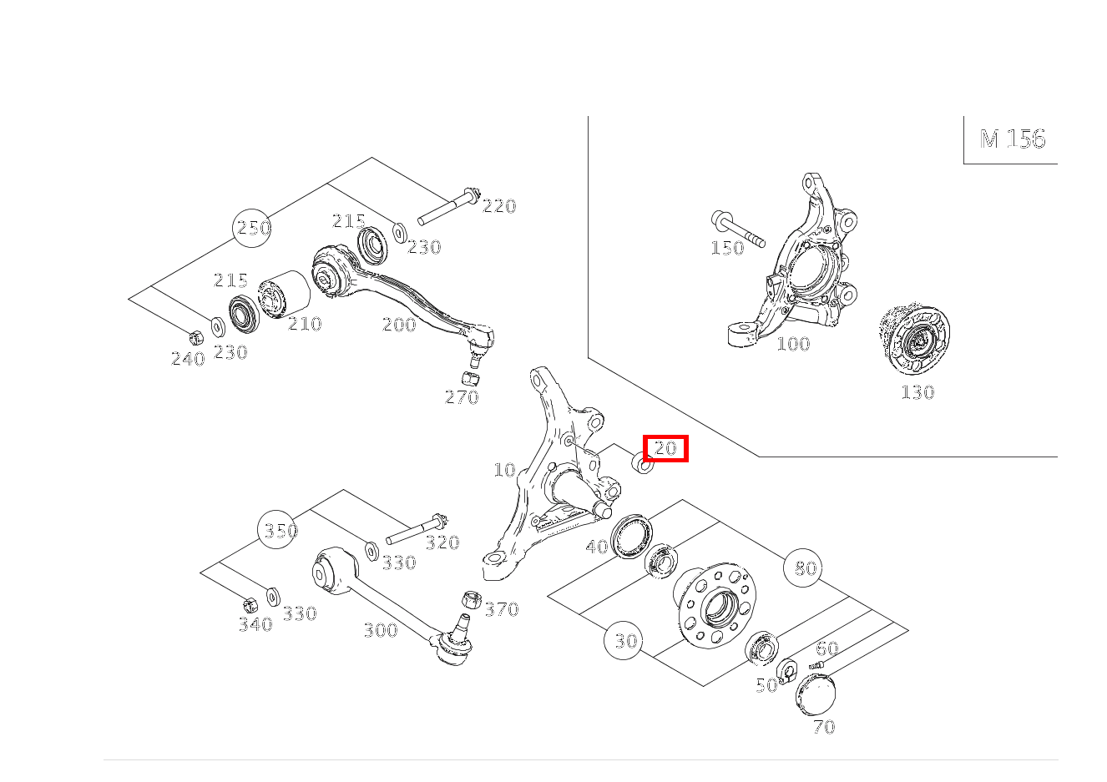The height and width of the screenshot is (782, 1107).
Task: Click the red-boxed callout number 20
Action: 665,448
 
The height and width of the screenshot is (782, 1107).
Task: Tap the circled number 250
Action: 252,228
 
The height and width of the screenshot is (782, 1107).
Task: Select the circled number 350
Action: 278,530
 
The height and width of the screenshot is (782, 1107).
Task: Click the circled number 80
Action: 803,568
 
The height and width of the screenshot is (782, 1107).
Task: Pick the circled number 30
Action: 624,641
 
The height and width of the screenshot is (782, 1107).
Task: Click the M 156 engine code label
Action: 1013,139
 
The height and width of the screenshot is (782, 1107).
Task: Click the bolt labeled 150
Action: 738,229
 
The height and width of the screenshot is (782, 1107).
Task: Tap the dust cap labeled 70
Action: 816,695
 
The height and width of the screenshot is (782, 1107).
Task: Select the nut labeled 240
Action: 196,337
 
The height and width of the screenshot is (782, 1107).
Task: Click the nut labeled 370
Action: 472,600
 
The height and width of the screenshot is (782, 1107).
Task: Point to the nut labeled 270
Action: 471,379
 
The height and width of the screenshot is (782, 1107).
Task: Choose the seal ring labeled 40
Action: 631,536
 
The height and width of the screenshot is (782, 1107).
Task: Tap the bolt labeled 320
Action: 417,529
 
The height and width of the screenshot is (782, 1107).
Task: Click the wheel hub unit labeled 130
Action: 914,339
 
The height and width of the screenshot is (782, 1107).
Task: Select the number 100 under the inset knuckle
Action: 794,344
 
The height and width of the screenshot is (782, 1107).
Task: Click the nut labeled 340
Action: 250,605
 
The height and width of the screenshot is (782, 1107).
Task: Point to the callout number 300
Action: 381,630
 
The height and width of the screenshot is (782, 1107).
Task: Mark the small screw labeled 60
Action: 816,665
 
